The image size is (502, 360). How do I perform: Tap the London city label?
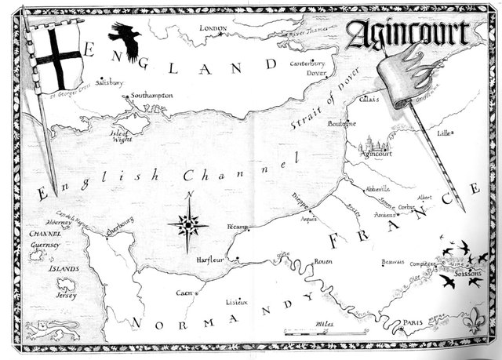pos(213,28)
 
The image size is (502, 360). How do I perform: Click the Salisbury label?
pos(110,81)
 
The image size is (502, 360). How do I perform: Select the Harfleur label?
pos(211,258)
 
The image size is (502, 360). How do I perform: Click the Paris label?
pos(413,322)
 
